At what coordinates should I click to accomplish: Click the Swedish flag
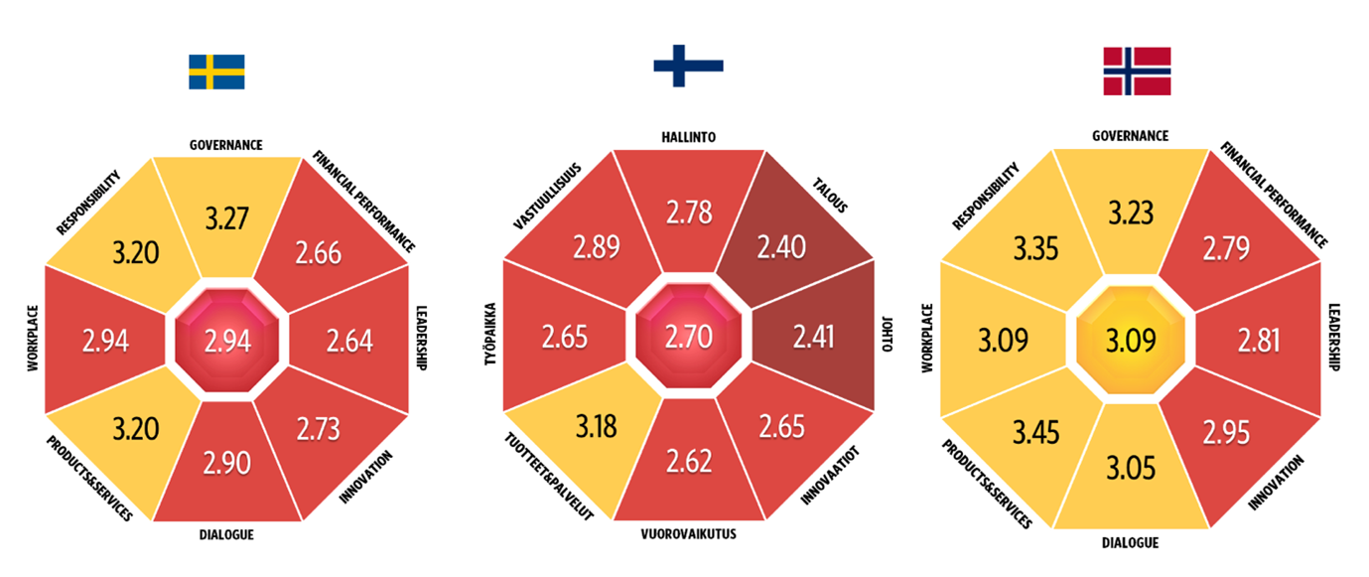(216, 72)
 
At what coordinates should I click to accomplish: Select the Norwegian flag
(1137, 72)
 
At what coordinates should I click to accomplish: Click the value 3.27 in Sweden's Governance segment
(227, 218)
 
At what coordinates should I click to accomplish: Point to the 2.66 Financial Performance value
(318, 253)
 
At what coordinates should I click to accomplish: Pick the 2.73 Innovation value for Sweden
(318, 429)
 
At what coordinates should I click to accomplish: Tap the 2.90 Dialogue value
(227, 463)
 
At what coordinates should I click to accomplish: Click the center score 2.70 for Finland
(689, 337)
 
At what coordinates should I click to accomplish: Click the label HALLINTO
(689, 137)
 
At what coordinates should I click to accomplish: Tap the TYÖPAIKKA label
(492, 337)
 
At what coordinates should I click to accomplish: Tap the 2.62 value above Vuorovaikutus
(689, 461)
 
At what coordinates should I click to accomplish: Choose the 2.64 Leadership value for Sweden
(349, 341)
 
